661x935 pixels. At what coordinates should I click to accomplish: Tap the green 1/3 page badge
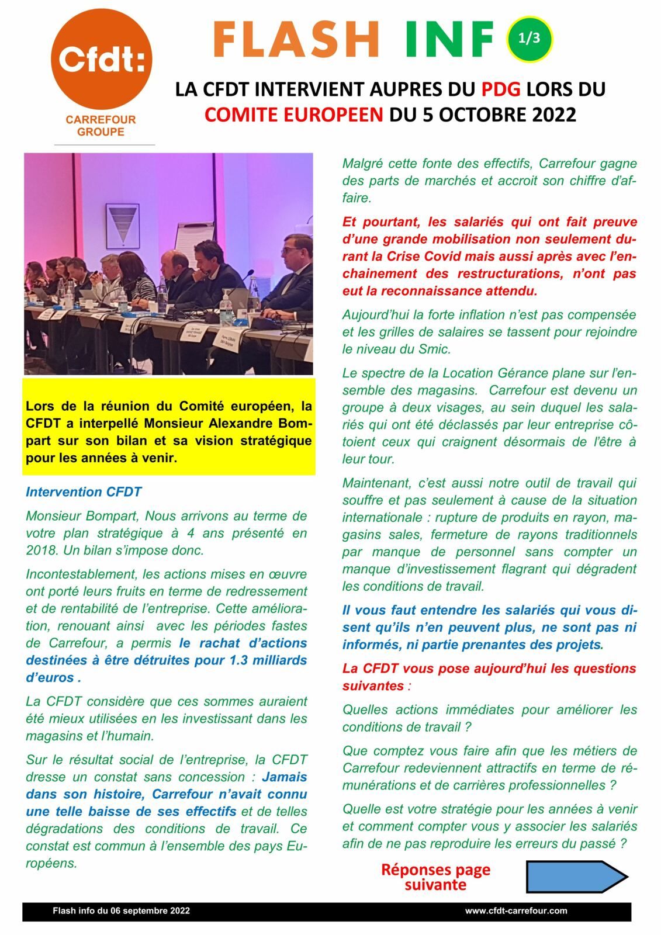[x=529, y=39]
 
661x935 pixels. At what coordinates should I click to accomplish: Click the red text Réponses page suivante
[x=435, y=877]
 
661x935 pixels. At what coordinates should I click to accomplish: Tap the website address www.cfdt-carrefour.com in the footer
[x=516, y=910]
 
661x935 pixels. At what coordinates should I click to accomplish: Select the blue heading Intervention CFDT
[x=84, y=491]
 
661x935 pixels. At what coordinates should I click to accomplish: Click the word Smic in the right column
[x=435, y=349]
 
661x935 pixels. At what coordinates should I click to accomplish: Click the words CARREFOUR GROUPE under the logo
[x=101, y=126]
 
